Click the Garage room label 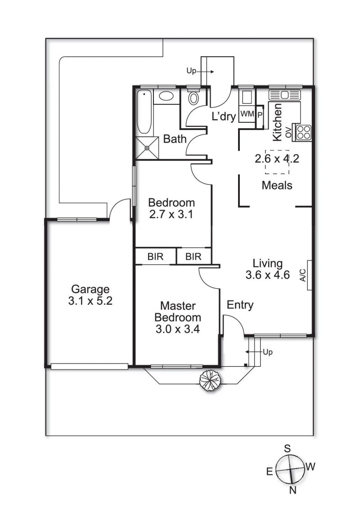(90, 289)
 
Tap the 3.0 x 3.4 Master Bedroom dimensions (178, 329)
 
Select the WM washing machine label (247, 114)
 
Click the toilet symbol (193, 98)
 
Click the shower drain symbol (147, 148)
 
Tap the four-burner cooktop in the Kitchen (303, 132)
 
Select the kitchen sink (285, 95)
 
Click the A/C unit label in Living (303, 275)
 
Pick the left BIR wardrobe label (156, 257)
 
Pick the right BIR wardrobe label (193, 257)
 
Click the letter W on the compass (310, 467)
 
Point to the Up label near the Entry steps (268, 352)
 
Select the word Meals (277, 185)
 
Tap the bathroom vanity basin (166, 96)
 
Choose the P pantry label (260, 115)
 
